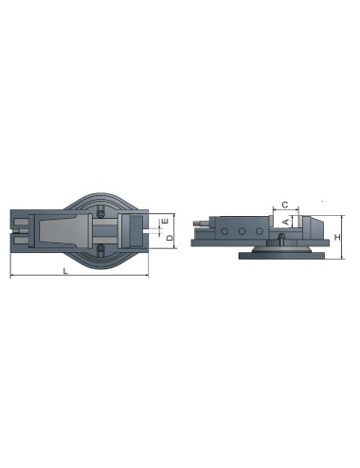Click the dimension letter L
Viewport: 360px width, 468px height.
[64, 271]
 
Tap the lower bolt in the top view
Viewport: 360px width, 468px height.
[100, 249]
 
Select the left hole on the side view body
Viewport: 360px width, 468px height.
[227, 229]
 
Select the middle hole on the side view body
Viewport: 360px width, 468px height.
[242, 229]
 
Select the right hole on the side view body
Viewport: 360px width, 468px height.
[256, 229]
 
